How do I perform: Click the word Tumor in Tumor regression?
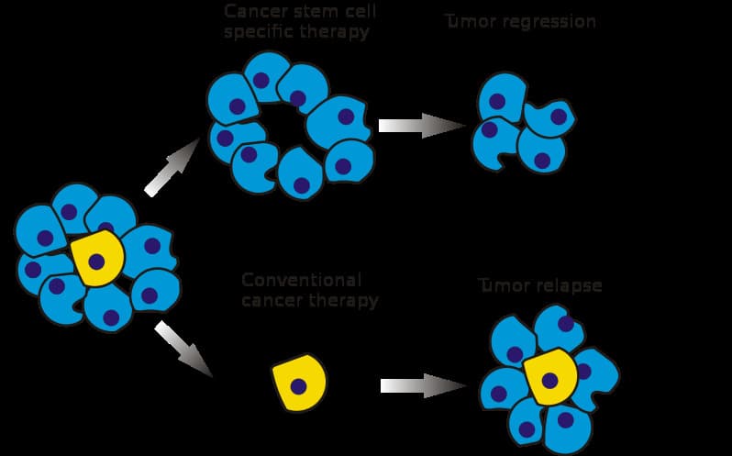coord(470,21)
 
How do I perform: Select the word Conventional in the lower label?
coord(302,280)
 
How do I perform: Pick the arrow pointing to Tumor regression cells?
coord(422,126)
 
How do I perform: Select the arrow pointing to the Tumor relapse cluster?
coord(424,385)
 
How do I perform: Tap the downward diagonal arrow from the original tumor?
coord(183,349)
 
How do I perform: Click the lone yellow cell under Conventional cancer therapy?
coord(299,382)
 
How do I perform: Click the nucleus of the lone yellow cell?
coord(298,385)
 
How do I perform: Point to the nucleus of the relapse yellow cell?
coord(549,380)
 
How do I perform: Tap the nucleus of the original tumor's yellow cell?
coord(95,262)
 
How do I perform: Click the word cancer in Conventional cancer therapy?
coord(272,300)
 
